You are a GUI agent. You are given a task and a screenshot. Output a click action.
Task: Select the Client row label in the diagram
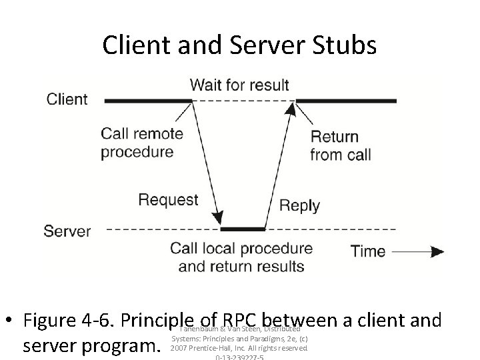(x=67, y=99)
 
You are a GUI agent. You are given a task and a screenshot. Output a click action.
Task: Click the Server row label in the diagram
(x=67, y=231)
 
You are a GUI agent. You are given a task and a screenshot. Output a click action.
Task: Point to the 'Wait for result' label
(x=239, y=85)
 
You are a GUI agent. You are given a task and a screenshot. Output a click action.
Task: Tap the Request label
(x=168, y=199)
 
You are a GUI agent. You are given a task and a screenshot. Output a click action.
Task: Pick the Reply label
(x=299, y=205)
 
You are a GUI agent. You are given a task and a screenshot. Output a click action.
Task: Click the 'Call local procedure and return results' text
(x=241, y=257)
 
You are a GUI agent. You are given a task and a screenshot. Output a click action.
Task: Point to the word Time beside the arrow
(x=368, y=251)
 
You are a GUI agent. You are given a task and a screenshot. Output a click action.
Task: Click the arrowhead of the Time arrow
(x=437, y=251)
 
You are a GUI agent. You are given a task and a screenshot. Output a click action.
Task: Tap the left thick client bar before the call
(x=148, y=101)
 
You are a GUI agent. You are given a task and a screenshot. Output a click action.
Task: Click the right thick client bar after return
(x=346, y=101)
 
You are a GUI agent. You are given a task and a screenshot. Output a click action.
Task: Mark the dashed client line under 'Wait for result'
(x=243, y=101)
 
